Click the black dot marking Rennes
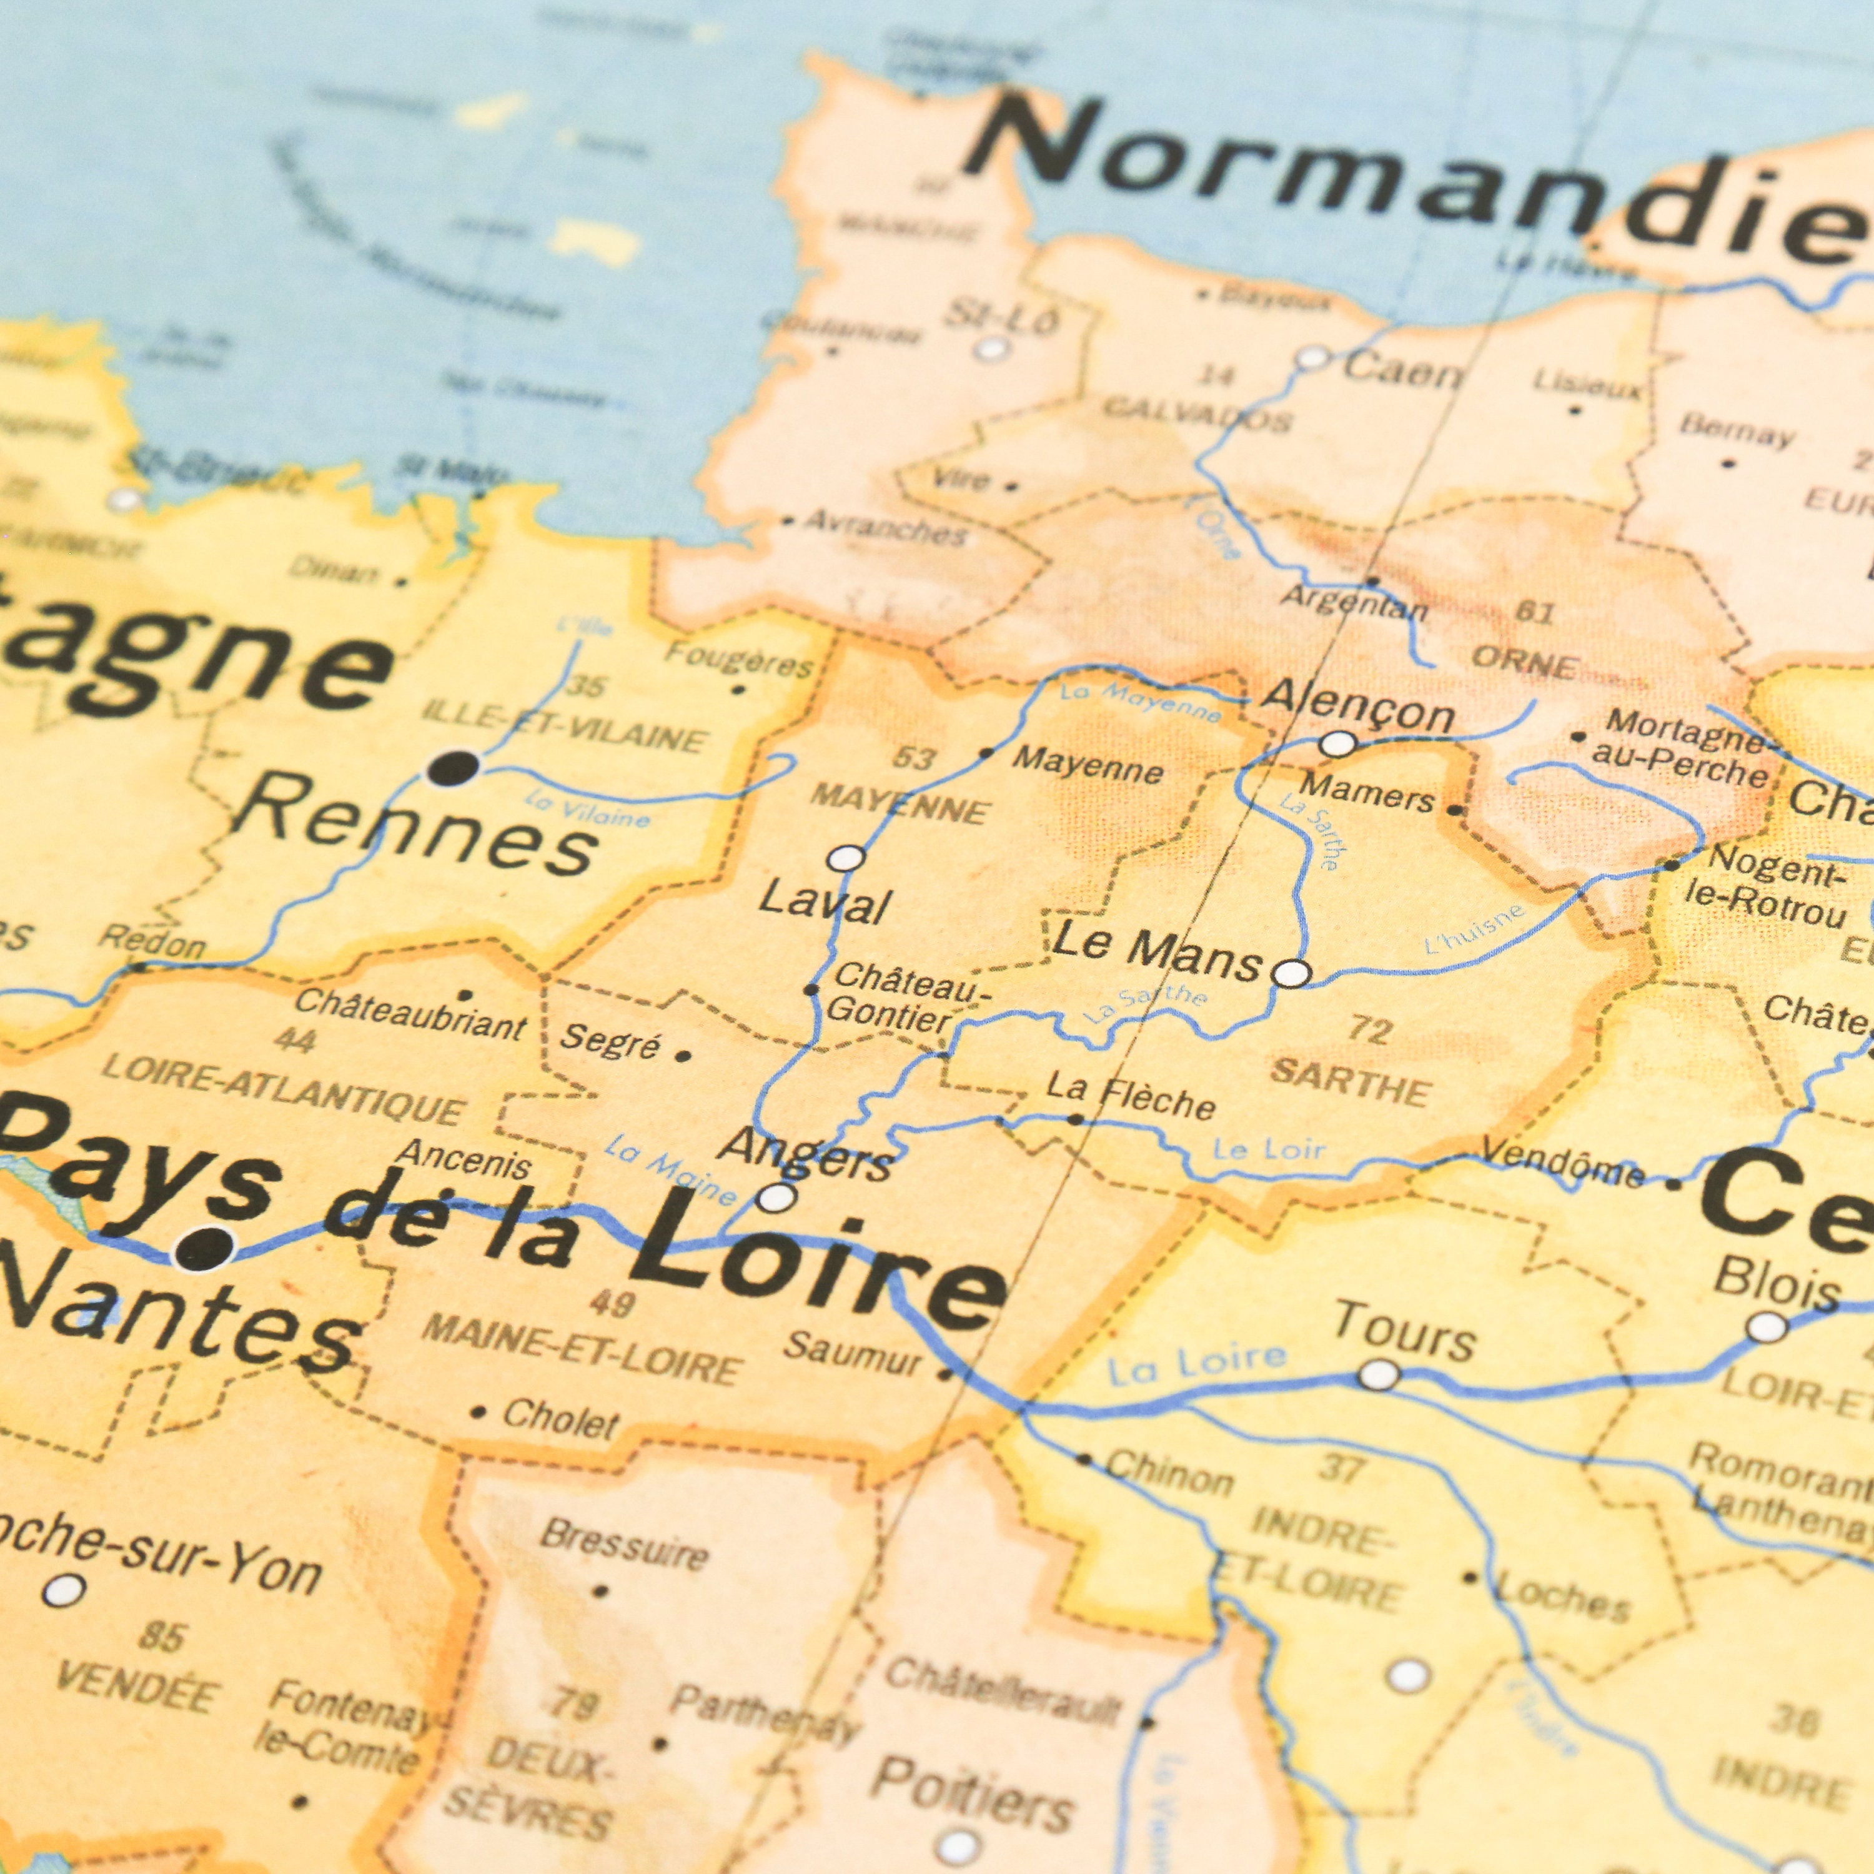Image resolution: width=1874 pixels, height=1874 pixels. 453,768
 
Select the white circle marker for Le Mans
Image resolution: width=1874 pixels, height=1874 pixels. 1291,973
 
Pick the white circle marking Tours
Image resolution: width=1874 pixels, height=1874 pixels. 1379,1374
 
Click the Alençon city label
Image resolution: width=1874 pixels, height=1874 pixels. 1358,705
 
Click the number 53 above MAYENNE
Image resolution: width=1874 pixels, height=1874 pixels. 912,758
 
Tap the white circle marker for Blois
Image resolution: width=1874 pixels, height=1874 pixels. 1767,1327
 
